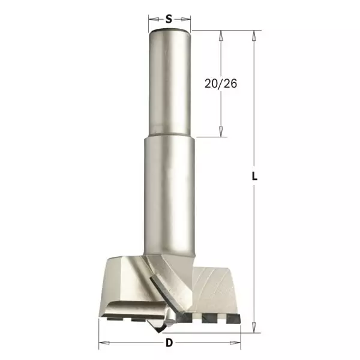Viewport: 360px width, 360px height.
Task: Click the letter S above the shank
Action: tap(169, 19)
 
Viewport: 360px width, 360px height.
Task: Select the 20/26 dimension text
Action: tap(220, 84)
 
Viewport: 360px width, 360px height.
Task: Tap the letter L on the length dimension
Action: tap(255, 177)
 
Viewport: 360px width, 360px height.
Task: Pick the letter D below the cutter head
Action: tap(169, 343)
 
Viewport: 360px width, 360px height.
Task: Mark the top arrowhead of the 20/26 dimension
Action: tap(221, 35)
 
